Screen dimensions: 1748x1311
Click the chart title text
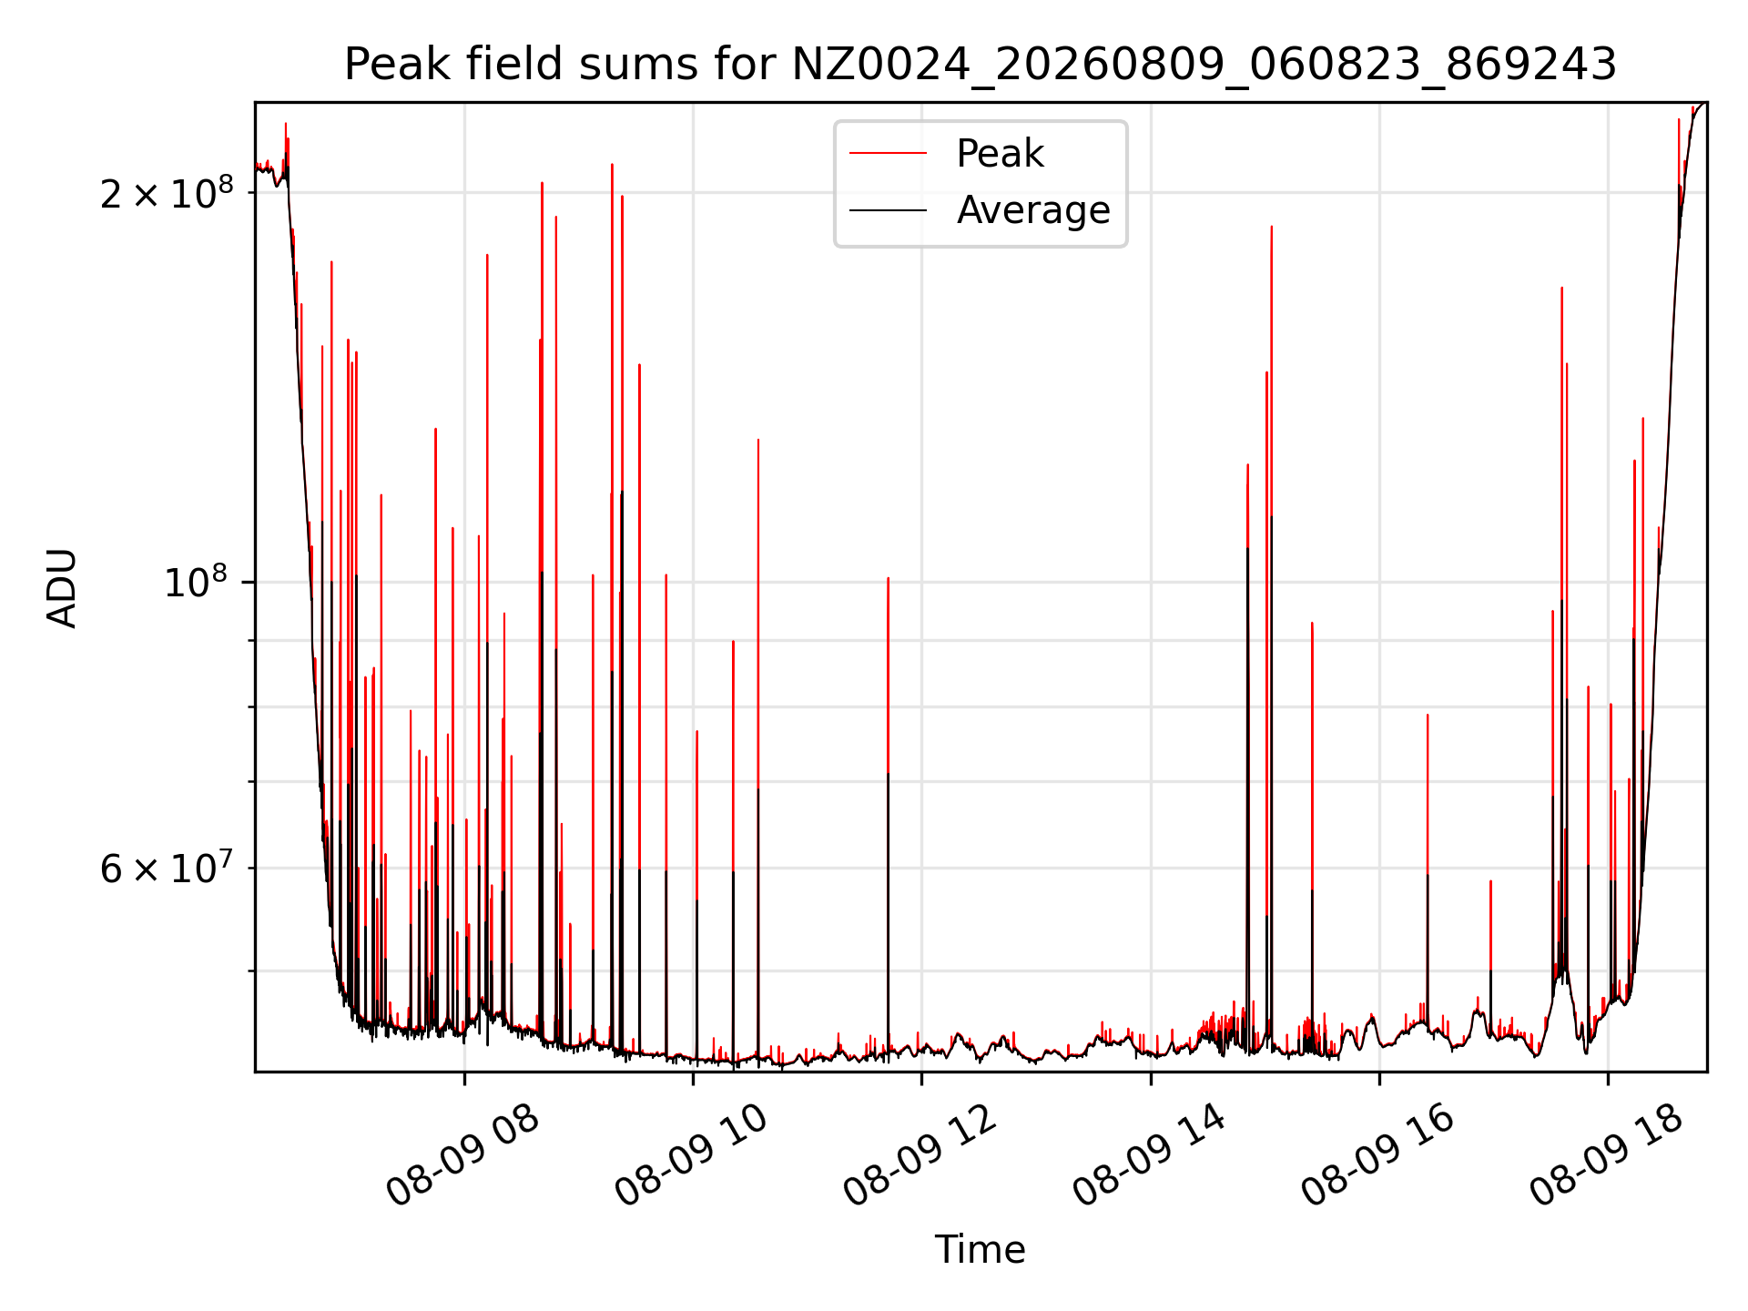[981, 65]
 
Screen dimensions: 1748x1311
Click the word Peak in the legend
[1000, 154]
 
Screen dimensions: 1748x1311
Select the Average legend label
[1033, 210]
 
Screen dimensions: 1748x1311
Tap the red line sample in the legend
[888, 154]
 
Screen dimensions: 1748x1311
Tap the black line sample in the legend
[888, 210]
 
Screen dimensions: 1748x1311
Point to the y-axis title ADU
[63, 588]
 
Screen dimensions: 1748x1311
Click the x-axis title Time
[981, 1250]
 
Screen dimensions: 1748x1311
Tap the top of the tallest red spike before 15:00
[1272, 226]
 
